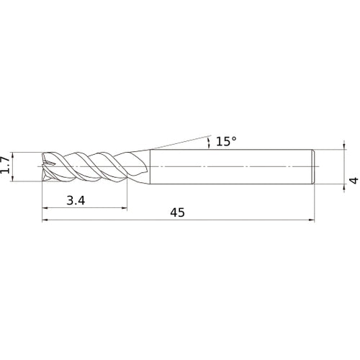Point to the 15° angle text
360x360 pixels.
point(225,142)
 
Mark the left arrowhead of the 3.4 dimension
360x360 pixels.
point(46,208)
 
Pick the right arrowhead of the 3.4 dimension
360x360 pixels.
point(125,208)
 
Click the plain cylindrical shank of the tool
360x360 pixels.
point(230,166)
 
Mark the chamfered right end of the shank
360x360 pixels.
point(313,166)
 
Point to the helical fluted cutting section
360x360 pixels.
point(86,166)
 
